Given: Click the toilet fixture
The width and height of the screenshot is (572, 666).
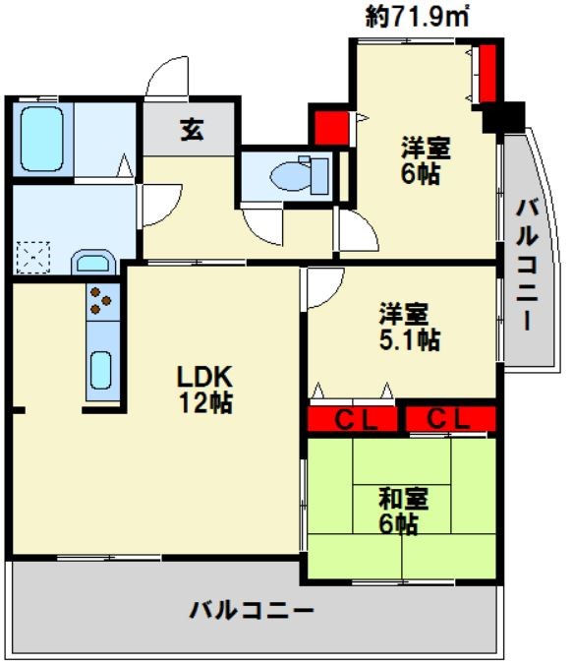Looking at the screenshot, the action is point(299,175).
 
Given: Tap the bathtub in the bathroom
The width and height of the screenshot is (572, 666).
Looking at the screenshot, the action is point(41,139).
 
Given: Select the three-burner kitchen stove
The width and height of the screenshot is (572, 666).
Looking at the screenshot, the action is point(102,302).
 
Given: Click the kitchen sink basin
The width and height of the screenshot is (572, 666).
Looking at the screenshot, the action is point(101,370).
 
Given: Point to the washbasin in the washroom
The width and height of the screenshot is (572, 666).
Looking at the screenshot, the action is point(93,263).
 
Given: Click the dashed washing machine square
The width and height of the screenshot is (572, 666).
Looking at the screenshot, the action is point(33,258).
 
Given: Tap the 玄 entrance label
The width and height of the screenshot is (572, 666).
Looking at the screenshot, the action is point(192,130).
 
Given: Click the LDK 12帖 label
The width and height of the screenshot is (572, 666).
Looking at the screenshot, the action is point(205,389).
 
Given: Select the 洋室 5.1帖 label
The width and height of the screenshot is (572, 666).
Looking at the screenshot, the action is point(410,327).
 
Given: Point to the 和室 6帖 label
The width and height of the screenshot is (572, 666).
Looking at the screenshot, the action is point(403,511).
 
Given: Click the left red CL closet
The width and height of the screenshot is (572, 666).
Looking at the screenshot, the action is point(352,419).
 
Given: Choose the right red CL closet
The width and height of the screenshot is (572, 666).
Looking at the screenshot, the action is point(451,419).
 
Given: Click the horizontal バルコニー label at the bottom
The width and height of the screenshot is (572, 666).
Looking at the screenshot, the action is point(252,611).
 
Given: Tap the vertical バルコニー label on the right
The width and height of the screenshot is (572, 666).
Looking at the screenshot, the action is point(528,265).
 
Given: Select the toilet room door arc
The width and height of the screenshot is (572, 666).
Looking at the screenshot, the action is point(262,226).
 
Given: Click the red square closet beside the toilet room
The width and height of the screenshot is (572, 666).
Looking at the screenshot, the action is point(331,128).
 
